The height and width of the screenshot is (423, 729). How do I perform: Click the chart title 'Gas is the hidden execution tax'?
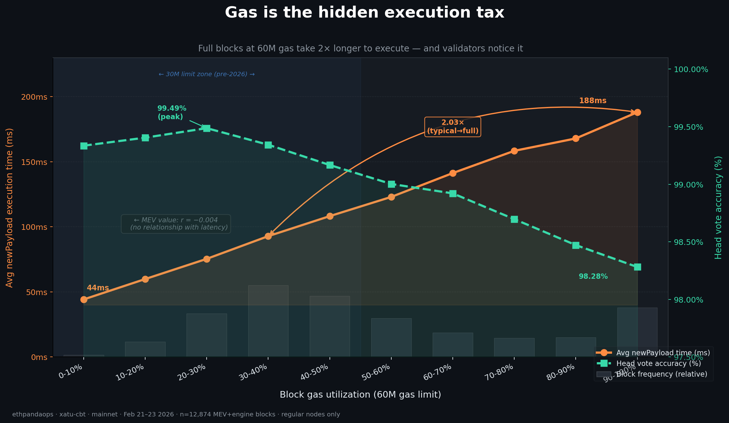click(x=364, y=13)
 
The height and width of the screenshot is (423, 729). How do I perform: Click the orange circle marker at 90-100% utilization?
click(x=637, y=113)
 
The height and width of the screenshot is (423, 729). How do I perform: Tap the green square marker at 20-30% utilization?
click(x=207, y=128)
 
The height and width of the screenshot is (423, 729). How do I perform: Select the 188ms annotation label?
click(x=592, y=101)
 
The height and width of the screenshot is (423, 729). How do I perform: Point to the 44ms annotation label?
click(x=98, y=288)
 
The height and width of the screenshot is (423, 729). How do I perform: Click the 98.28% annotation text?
click(x=593, y=277)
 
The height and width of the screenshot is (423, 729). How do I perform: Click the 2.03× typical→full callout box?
click(x=452, y=127)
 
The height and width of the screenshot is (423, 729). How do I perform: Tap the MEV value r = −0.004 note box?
click(x=176, y=224)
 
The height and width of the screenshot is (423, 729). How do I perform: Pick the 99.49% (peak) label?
click(x=172, y=113)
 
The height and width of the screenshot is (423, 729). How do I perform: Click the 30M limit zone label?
click(x=206, y=74)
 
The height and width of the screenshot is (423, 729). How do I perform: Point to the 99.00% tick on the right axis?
click(x=688, y=185)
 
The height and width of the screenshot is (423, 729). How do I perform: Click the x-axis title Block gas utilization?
click(x=360, y=394)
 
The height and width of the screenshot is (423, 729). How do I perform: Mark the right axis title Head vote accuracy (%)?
click(x=718, y=208)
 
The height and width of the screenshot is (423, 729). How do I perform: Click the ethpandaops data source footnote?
click(x=176, y=415)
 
